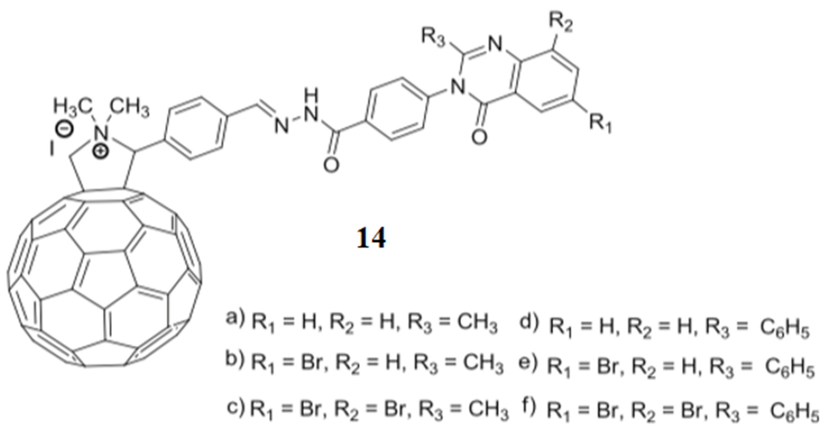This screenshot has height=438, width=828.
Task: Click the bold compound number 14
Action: click(x=371, y=238)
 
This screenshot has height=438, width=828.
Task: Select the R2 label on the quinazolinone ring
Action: click(x=561, y=23)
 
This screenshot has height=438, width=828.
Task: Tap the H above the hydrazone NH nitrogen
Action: click(x=311, y=96)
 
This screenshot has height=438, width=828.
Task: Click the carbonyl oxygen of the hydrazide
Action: click(x=331, y=165)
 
